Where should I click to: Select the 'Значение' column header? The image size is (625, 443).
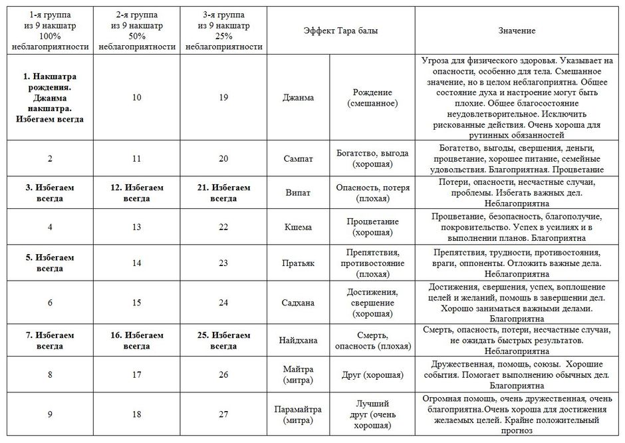point(517,31)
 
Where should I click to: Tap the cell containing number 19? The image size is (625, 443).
point(223,97)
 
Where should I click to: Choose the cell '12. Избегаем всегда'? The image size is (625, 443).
point(136,193)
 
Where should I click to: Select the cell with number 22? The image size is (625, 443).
point(223,227)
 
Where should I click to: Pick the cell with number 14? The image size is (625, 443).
point(136,263)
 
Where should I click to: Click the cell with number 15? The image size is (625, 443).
point(136,303)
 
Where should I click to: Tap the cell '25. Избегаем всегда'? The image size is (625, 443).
point(223,339)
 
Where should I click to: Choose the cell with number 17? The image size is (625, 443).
point(136,375)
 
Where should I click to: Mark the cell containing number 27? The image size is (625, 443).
point(223,414)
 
